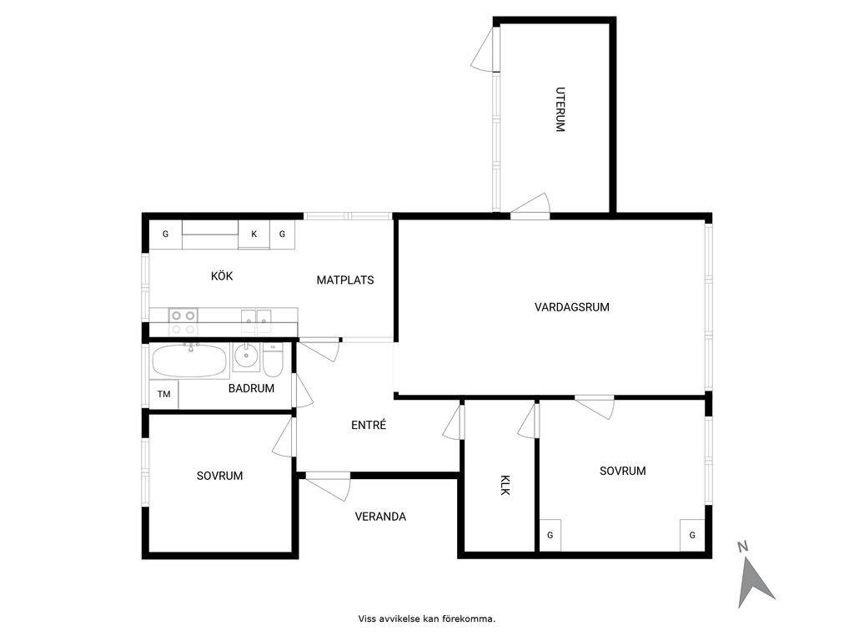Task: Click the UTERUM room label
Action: coord(560,109)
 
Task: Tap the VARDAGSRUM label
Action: coord(572,307)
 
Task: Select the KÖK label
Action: coord(222,275)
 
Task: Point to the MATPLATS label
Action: coord(345,280)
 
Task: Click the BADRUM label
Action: coord(251,388)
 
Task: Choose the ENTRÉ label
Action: coord(369,425)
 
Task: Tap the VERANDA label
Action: coord(380,516)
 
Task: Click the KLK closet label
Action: coord(505,485)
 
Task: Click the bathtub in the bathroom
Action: coord(189,361)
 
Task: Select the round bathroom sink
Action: coord(247,357)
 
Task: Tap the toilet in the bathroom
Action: coord(273,361)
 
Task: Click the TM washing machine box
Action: coord(164,394)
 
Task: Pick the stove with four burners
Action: coord(183,321)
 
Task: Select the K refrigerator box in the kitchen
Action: coord(254,235)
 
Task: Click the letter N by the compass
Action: coord(741,547)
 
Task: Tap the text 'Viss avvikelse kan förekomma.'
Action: coord(427,618)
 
